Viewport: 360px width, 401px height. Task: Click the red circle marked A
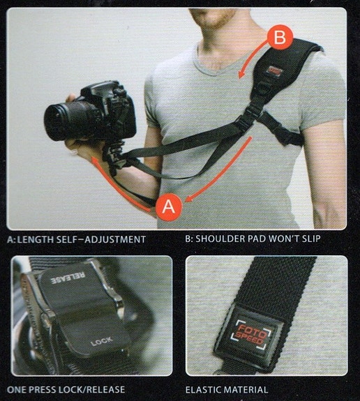click(x=168, y=206)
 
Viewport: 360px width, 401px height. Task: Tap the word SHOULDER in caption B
click(x=222, y=239)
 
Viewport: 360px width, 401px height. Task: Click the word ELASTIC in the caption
click(x=207, y=389)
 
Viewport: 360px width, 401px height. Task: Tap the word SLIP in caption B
click(x=331, y=239)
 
